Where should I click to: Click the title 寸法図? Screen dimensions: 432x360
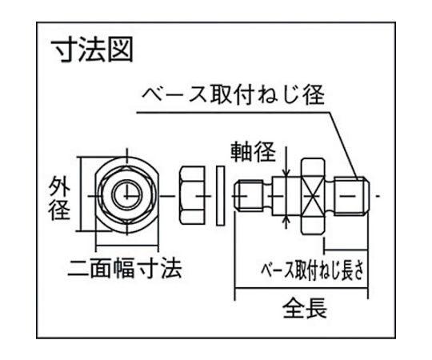(93, 50)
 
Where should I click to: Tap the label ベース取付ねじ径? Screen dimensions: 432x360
(234, 95)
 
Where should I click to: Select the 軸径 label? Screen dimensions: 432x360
(253, 152)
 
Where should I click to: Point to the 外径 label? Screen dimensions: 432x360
(59, 198)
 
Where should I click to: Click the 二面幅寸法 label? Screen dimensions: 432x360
(125, 268)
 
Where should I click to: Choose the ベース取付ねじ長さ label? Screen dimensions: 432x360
(313, 270)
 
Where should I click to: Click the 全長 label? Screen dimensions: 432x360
(305, 309)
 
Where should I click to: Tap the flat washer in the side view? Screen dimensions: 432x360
(220, 196)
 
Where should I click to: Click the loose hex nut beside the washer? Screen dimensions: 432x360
(192, 196)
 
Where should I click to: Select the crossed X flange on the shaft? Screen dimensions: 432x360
(313, 196)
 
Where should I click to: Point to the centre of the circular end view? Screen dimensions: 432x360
(127, 196)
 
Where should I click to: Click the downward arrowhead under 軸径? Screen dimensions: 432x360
(287, 172)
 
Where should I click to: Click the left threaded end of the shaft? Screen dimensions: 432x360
(249, 196)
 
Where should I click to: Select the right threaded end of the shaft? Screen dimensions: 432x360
(351, 196)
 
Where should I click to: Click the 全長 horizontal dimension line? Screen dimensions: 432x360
(301, 289)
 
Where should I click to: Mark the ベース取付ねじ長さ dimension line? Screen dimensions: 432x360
(346, 250)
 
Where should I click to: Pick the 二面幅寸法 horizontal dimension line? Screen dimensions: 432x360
(127, 244)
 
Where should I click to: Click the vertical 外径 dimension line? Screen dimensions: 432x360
(81, 194)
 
